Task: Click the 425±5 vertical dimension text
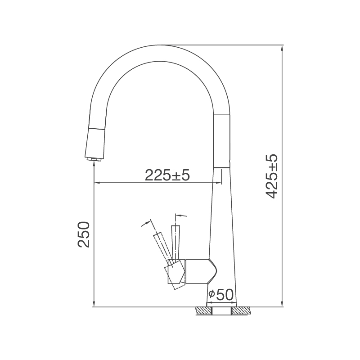coord(272,176)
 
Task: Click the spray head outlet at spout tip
coord(94,159)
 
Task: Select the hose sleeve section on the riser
coord(222,140)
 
